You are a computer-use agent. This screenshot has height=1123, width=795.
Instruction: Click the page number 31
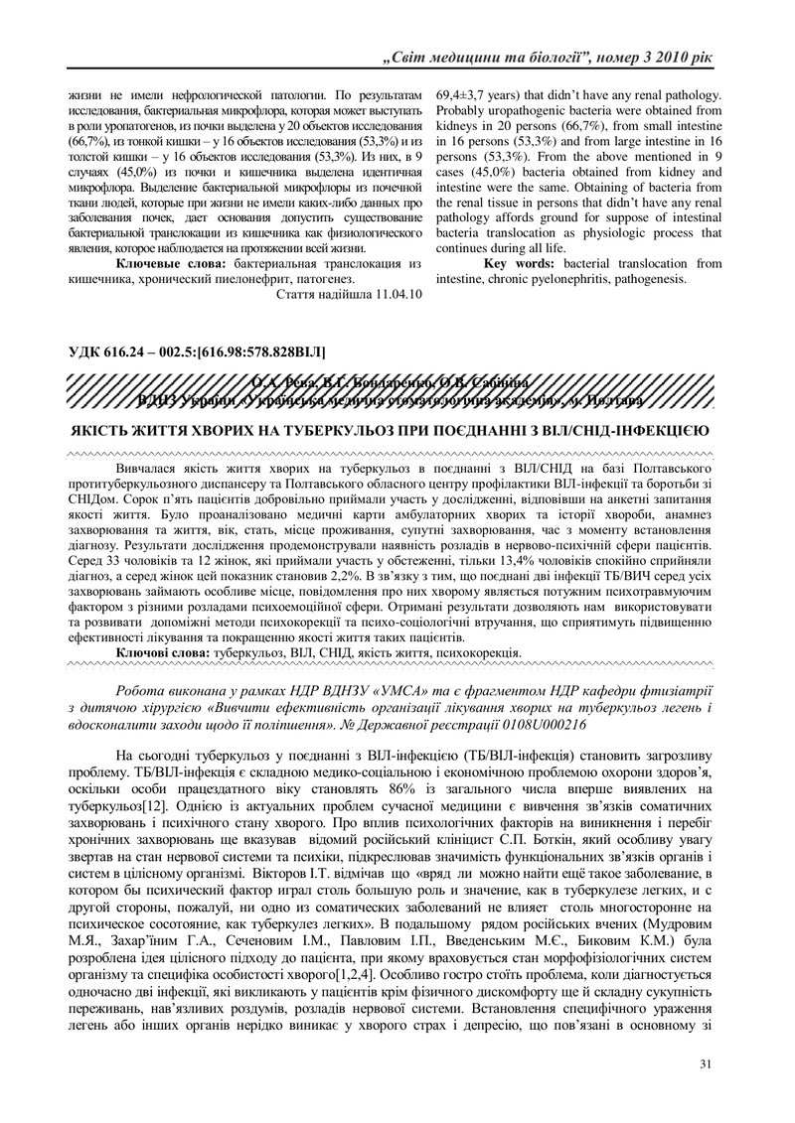[706, 1065]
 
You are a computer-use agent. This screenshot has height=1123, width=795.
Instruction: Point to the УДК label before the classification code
[86, 351]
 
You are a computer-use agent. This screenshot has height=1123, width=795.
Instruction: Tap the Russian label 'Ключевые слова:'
[169, 264]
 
